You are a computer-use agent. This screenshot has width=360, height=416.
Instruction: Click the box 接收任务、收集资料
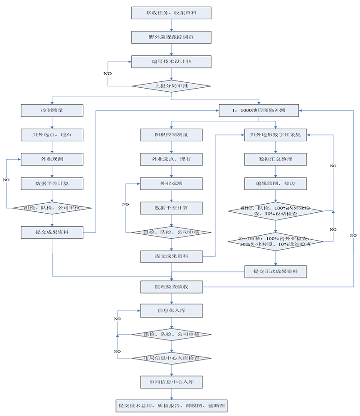coord(171,13)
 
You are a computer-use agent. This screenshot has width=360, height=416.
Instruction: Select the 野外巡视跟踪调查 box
coord(171,37)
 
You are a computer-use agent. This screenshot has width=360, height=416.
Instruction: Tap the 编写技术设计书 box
coord(171,62)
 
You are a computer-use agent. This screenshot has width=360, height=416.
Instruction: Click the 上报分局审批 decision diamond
coord(171,85)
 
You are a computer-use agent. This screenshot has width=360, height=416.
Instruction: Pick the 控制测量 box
coord(52,110)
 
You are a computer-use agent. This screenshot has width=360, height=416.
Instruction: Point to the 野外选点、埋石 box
coord(52,134)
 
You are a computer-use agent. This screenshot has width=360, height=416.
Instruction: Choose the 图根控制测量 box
coord(171,134)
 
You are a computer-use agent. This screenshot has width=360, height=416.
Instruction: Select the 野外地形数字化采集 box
coord(275,134)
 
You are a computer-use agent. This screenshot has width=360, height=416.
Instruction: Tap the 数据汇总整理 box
coord(275,159)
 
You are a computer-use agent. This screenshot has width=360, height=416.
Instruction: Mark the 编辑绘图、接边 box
coord(275,183)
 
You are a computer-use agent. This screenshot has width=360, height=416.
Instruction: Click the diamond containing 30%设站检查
coord(275,211)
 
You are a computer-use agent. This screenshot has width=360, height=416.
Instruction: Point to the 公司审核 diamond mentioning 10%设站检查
coord(275,241)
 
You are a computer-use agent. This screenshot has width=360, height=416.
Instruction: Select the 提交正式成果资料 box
coord(275,271)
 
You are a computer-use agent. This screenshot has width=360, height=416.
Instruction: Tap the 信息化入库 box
coord(171,310)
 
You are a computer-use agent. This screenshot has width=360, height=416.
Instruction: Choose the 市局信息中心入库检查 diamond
coord(171,358)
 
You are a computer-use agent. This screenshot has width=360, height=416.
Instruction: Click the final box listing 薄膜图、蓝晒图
coord(171,406)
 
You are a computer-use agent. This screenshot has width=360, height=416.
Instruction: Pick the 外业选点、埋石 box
coord(171,159)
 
